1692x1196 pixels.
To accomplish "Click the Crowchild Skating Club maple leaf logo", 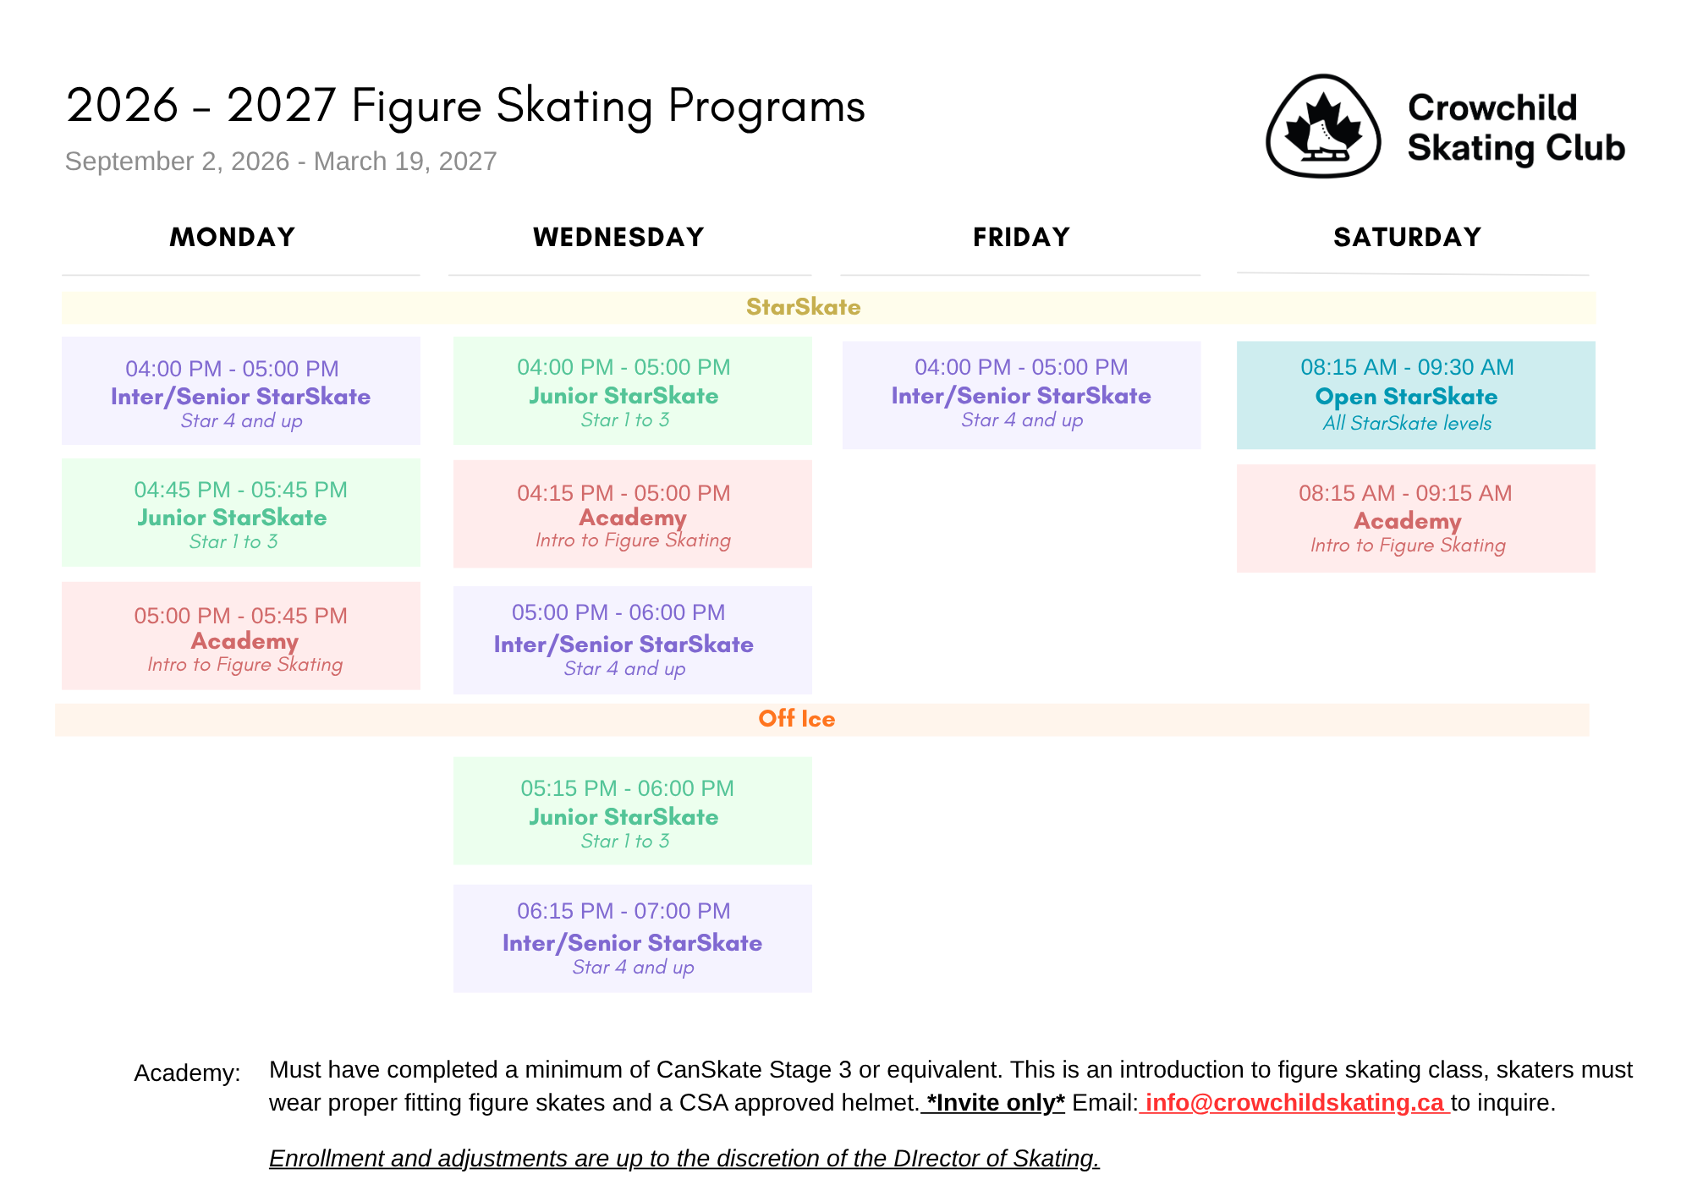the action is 1323,126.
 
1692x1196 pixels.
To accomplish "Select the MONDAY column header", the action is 233,237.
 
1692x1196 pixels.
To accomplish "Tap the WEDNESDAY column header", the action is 618,237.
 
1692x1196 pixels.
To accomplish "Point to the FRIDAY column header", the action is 1021,237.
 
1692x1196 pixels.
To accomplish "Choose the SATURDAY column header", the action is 1408,237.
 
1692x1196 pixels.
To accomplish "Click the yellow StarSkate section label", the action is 803,307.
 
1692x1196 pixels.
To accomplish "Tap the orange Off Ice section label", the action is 796,719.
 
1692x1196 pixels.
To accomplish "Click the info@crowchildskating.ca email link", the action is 1294,1103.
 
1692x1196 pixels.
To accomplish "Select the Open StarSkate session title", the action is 1406,397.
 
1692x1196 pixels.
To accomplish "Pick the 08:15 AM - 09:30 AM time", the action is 1407,367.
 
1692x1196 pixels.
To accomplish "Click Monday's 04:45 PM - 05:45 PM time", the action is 240,490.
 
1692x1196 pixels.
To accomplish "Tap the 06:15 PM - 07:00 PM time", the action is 624,911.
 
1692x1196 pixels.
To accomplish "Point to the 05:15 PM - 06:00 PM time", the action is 627,788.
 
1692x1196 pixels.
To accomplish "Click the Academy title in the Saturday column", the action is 1408,521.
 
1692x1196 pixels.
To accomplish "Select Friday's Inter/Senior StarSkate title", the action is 1021,396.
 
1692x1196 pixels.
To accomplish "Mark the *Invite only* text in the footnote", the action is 996,1103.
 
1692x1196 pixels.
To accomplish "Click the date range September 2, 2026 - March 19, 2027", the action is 281,162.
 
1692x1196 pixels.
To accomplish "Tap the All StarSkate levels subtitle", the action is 1407,423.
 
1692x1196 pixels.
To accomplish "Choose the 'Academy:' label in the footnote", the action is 187,1073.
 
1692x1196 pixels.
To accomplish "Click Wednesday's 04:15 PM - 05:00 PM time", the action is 624,493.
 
